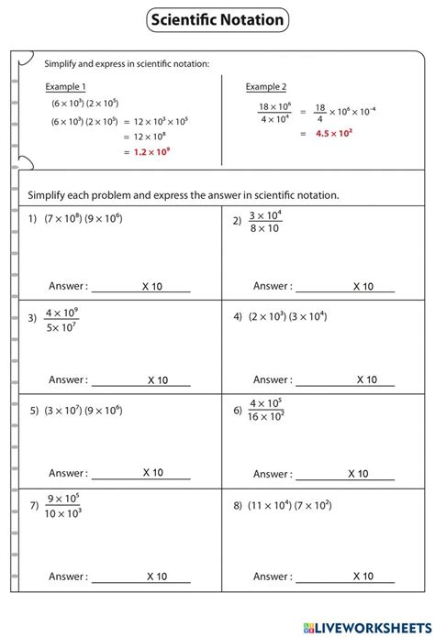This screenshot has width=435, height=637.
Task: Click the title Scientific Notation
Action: click(x=217, y=19)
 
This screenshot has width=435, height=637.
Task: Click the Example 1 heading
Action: click(x=65, y=86)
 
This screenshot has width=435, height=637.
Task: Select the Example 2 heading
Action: click(x=265, y=86)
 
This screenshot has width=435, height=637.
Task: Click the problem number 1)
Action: click(x=32, y=220)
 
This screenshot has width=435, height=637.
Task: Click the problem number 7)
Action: click(x=33, y=505)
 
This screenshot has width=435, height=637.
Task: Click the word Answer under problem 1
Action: click(x=68, y=287)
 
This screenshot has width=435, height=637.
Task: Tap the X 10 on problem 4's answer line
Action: click(x=365, y=379)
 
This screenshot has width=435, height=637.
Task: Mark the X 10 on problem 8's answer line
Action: click(x=362, y=577)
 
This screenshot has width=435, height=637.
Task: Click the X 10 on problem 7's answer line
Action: click(x=157, y=577)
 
